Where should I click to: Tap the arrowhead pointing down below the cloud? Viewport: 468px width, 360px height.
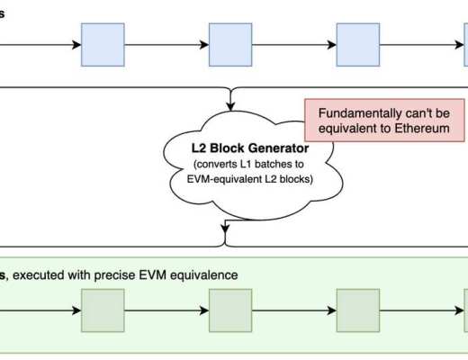[x=223, y=239]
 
